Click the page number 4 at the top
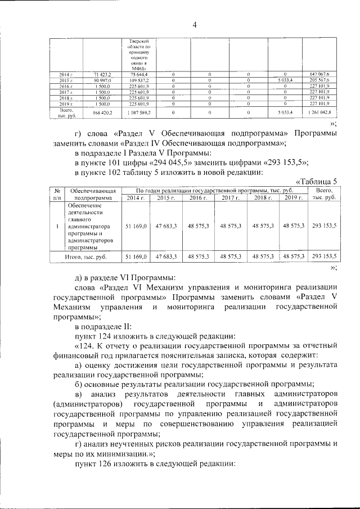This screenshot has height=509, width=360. (194, 24)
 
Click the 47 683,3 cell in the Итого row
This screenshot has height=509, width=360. (167, 256)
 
